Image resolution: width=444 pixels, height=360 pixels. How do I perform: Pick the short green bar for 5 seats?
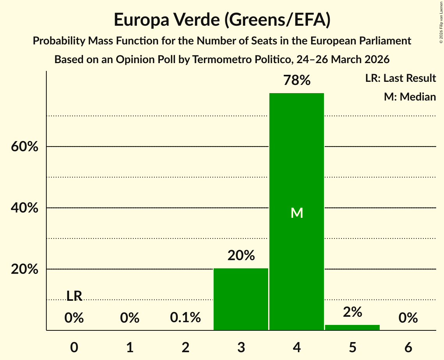(x=352, y=327)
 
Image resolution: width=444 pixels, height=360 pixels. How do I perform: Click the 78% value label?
(x=297, y=81)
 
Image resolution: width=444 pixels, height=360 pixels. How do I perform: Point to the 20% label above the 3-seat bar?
(x=241, y=256)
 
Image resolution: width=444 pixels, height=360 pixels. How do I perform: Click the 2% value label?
(x=352, y=312)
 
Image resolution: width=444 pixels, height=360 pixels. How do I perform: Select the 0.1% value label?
(x=186, y=318)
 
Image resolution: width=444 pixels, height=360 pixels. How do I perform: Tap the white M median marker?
(x=297, y=213)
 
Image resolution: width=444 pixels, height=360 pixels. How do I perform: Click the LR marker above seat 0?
(x=74, y=296)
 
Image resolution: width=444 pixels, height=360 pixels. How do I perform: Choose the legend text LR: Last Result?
(x=400, y=78)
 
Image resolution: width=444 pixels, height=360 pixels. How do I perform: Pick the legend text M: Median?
(x=410, y=97)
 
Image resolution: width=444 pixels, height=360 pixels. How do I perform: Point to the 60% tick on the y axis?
(x=25, y=147)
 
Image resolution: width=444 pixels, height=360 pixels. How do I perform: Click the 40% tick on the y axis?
(x=25, y=208)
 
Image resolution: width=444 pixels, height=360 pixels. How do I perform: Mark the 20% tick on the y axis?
(x=25, y=269)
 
